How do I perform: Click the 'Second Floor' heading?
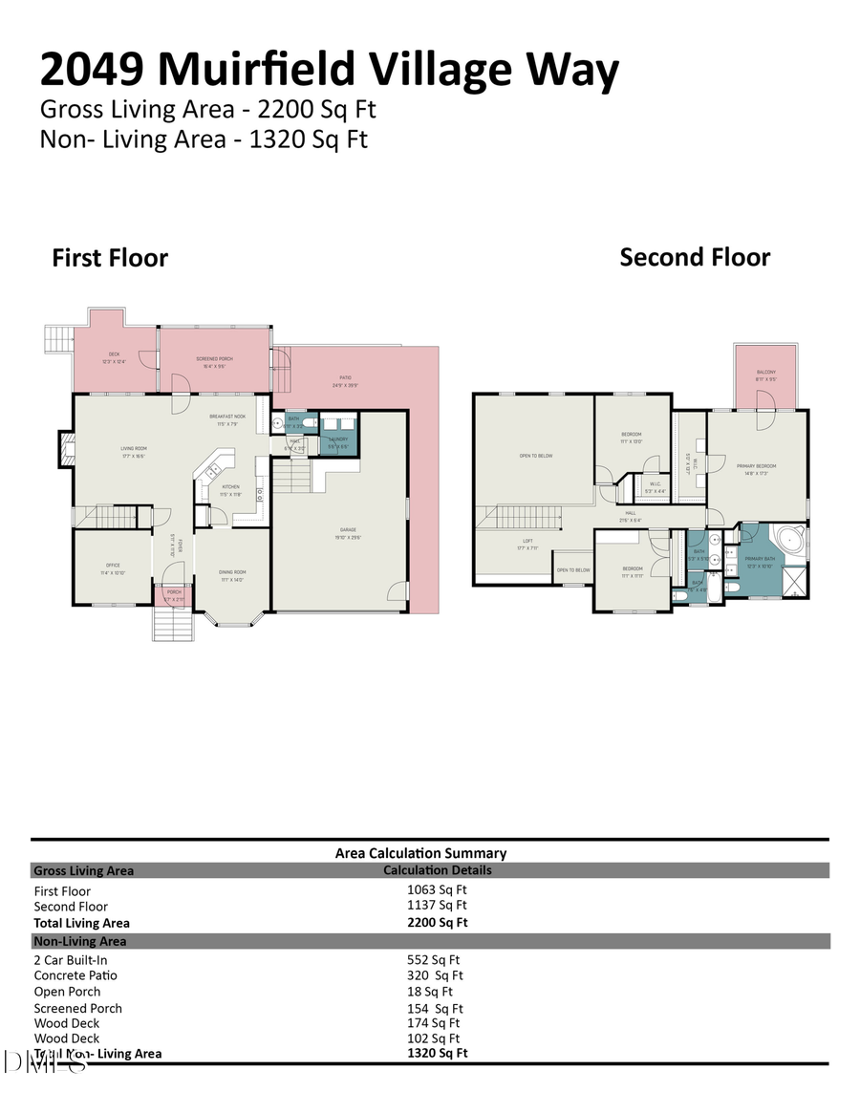click(695, 257)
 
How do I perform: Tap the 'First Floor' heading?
click(110, 258)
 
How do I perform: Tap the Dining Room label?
click(232, 574)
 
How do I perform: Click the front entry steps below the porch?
click(173, 626)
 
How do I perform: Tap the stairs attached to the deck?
click(59, 338)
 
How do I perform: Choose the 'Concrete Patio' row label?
click(75, 975)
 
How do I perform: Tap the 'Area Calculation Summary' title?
click(420, 853)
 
